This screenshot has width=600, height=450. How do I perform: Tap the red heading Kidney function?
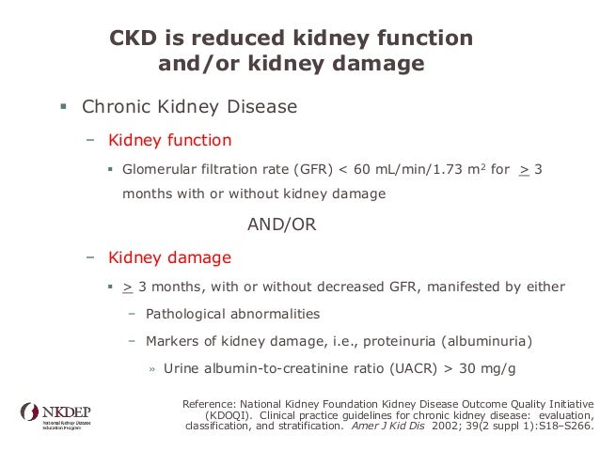coord(169,141)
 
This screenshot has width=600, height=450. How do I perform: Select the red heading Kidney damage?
coord(169,256)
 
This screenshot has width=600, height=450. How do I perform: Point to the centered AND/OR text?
coord(281,225)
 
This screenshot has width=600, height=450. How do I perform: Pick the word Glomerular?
coord(161,171)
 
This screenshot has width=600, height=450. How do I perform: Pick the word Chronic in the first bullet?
coord(114,106)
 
